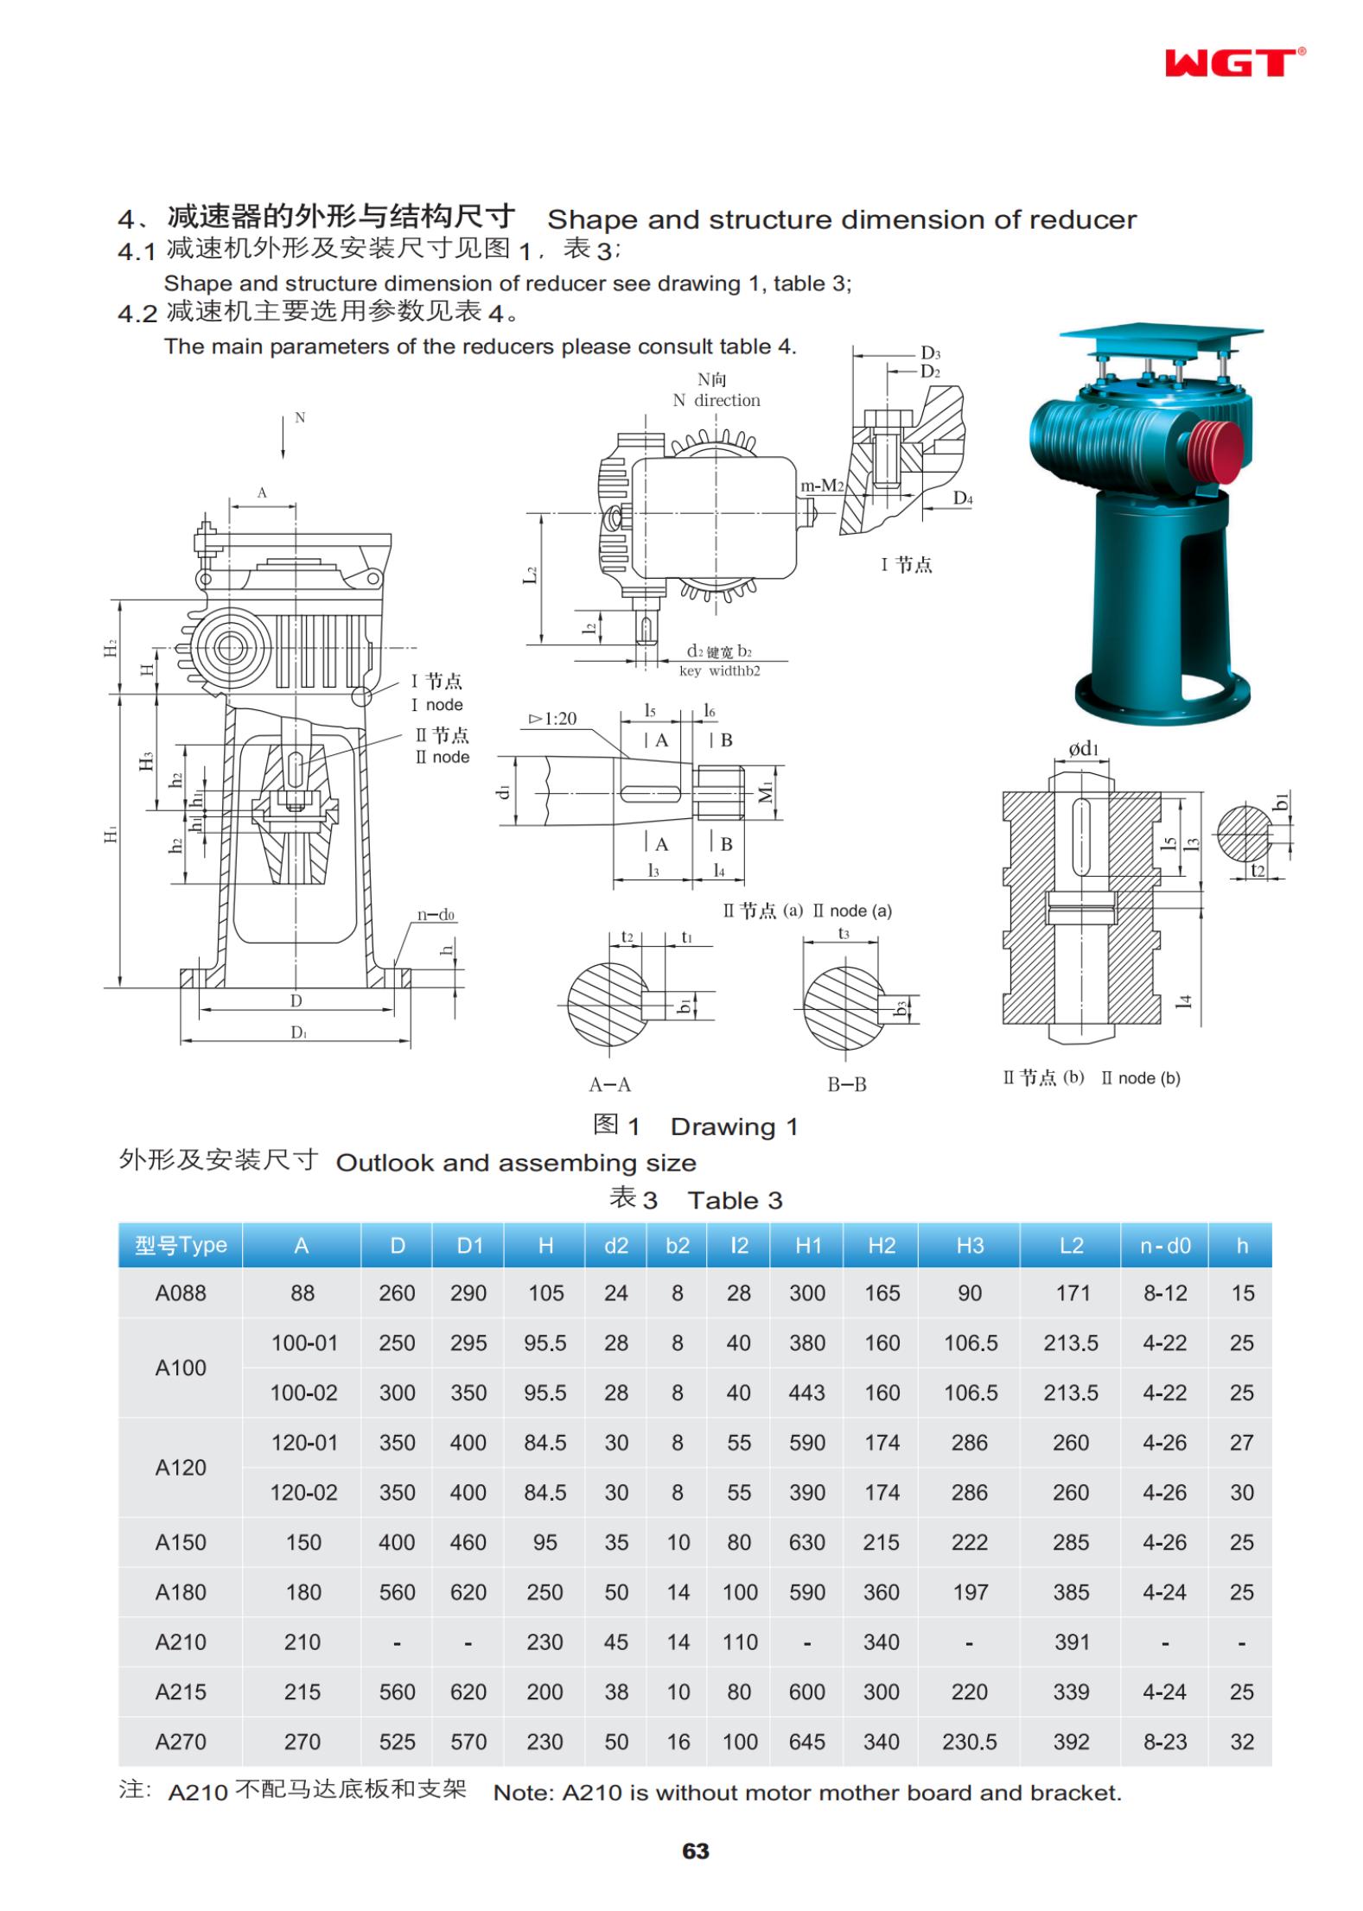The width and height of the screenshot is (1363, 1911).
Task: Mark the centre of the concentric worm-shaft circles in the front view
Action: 230,646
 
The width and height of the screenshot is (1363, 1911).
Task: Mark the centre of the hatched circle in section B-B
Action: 844,1003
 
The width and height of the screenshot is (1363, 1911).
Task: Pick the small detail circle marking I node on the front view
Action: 363,695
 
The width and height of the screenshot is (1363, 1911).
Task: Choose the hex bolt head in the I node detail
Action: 887,420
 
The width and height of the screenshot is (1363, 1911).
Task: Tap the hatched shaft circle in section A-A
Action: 608,1003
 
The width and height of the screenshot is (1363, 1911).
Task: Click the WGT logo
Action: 1234,62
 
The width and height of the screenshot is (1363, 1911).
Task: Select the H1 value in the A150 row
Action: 807,1541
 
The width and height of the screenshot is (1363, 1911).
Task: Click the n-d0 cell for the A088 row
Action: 1164,1292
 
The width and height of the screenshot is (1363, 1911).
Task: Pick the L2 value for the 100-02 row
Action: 1071,1392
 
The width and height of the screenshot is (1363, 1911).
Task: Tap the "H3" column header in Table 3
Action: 970,1245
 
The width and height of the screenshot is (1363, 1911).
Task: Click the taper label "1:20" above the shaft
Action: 552,718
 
